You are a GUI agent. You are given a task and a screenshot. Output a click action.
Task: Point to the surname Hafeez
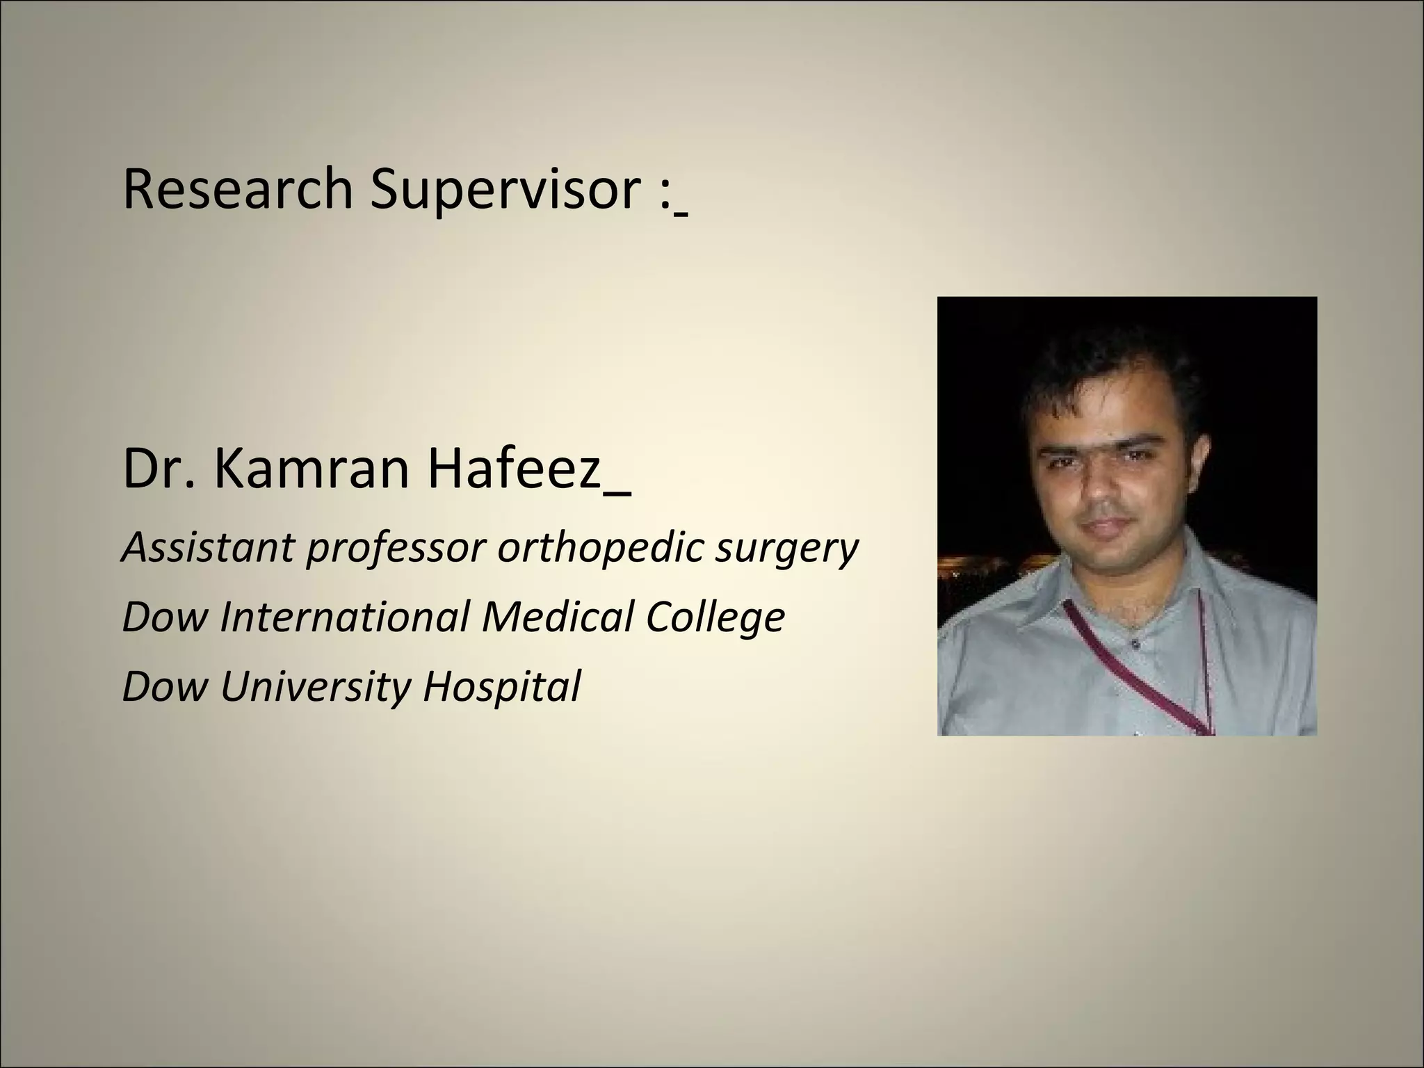[x=514, y=469]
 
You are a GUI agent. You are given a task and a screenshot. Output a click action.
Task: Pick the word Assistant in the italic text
[x=207, y=547]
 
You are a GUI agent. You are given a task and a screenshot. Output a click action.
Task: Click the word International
[x=344, y=617]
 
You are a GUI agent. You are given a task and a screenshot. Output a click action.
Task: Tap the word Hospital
[x=501, y=687]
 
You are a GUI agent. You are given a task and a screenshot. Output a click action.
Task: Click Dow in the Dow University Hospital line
[x=165, y=687]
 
